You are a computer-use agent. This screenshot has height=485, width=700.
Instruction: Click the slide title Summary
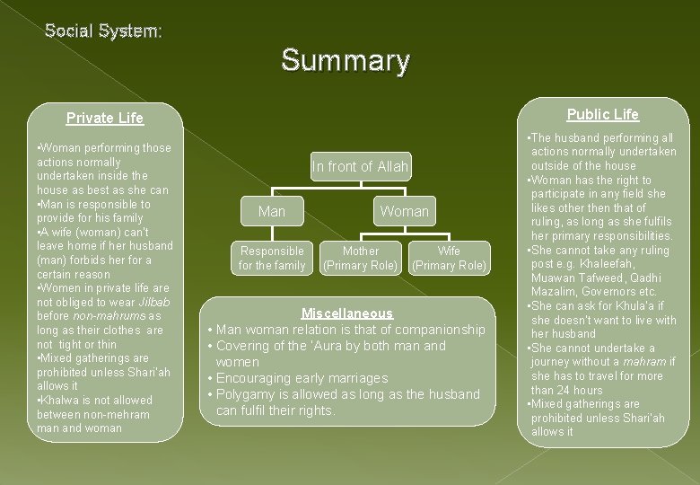346,60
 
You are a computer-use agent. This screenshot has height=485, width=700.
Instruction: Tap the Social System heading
104,31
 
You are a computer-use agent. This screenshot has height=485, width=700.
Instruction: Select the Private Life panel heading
105,118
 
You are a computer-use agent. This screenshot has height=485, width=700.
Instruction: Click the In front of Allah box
360,166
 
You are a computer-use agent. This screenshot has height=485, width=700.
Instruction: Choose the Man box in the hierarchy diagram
271,211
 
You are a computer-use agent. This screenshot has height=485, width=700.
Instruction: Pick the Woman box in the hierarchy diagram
404,211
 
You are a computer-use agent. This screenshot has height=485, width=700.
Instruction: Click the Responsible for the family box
271,258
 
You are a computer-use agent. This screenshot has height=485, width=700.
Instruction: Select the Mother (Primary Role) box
360,258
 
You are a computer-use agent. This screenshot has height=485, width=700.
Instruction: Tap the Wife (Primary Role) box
449,258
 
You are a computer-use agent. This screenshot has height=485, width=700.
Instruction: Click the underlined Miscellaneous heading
347,313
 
